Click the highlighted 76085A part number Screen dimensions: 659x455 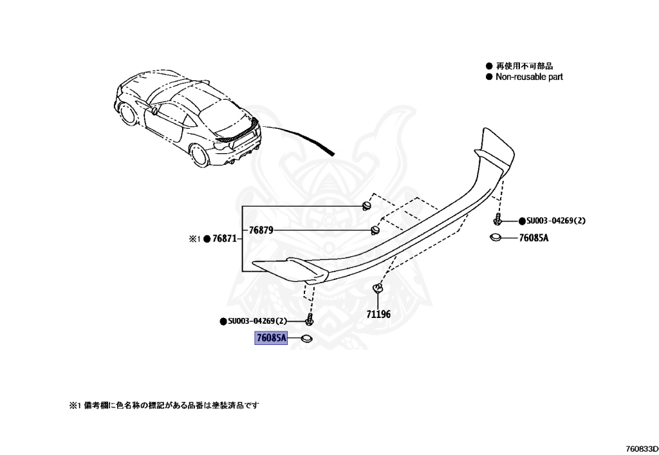[x=271, y=338]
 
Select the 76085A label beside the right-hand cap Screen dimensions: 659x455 [x=534, y=237]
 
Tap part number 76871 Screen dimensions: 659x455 [x=225, y=239]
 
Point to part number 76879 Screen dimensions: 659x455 [x=261, y=230]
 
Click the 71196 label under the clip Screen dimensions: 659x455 [x=378, y=314]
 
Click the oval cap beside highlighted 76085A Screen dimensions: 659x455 [x=306, y=338]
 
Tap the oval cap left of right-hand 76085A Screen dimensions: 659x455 [x=496, y=237]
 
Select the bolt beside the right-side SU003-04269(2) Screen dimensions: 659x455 [x=498, y=218]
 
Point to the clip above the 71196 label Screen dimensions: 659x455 [x=378, y=288]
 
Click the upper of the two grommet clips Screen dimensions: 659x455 [x=367, y=206]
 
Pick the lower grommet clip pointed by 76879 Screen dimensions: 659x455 [x=375, y=230]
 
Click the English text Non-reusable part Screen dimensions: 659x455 [x=529, y=77]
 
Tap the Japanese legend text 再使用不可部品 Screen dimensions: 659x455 [x=524, y=66]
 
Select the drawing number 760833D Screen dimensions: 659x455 [x=641, y=449]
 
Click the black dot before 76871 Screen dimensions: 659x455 [x=207, y=239]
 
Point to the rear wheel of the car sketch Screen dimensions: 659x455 [x=199, y=156]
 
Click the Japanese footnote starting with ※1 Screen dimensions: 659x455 [x=164, y=405]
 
